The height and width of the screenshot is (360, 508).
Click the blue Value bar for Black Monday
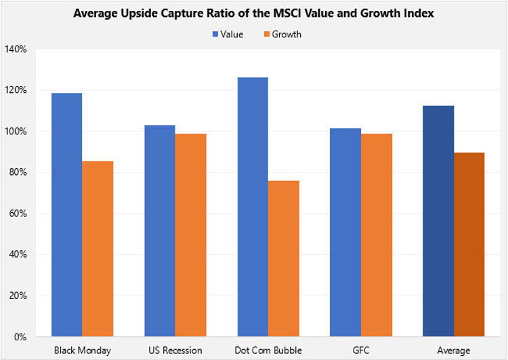(x=66, y=214)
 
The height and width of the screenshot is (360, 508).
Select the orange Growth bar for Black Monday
(x=98, y=248)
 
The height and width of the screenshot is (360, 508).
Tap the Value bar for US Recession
(x=159, y=231)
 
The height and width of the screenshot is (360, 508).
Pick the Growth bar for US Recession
(x=190, y=235)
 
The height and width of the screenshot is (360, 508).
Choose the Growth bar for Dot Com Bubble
(x=283, y=258)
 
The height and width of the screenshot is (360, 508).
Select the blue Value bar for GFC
(x=345, y=232)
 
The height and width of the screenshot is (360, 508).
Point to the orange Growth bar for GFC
(x=376, y=235)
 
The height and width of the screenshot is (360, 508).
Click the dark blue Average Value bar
(x=438, y=221)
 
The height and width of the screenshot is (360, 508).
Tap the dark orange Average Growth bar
(x=469, y=244)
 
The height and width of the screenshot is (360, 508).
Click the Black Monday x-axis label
(x=82, y=350)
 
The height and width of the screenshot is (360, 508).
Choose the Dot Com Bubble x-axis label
(x=268, y=350)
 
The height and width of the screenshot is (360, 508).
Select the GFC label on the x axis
(x=360, y=350)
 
